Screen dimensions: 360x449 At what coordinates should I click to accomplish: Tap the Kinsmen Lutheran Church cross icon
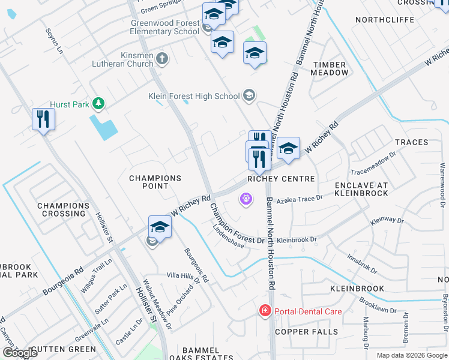click(161, 59)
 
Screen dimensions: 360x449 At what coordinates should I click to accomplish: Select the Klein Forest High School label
click(194, 96)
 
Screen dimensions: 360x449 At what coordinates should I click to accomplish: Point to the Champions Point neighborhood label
click(155, 182)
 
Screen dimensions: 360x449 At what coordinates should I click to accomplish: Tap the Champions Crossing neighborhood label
click(64, 209)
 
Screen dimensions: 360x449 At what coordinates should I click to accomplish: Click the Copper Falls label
click(307, 332)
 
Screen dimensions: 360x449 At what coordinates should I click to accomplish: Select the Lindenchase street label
click(227, 238)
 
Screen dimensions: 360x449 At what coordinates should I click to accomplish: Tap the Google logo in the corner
click(19, 353)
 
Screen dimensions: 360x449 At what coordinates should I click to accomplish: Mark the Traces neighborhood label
click(411, 142)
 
